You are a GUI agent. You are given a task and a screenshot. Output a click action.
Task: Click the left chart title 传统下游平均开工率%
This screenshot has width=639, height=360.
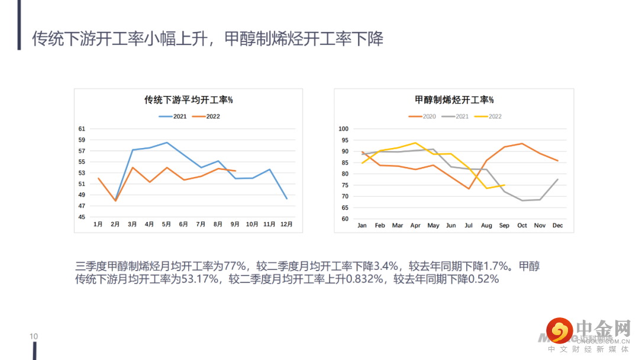pos(188,100)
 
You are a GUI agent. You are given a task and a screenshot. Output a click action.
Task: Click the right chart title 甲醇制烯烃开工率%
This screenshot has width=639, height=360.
pos(454,100)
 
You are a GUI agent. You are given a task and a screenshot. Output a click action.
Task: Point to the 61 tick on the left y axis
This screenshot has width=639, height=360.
pos(82,129)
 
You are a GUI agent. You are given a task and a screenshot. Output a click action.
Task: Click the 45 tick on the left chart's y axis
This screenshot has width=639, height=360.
pos(82,217)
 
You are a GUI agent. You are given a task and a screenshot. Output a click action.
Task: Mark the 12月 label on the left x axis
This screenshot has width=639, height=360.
pos(286,224)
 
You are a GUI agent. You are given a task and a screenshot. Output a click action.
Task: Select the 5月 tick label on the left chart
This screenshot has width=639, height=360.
pos(167,224)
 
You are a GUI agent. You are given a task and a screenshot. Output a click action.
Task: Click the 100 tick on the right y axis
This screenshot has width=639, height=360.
pos(343,129)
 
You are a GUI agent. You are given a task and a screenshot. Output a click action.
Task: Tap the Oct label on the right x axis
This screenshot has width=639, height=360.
pos(522,226)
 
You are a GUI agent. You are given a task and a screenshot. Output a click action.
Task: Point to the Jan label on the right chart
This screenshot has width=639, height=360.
pos(362,226)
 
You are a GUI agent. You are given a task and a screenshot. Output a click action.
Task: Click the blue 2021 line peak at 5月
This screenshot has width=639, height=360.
pos(167,143)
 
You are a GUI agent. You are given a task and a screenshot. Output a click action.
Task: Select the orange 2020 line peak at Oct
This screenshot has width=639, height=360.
pos(522,143)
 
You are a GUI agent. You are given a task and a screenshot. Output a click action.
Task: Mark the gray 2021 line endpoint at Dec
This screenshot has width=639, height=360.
pos(557,179)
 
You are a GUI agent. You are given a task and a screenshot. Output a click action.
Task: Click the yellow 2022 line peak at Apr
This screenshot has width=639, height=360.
pos(415,143)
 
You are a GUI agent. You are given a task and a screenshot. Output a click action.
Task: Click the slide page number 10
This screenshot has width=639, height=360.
pos(34,337)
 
